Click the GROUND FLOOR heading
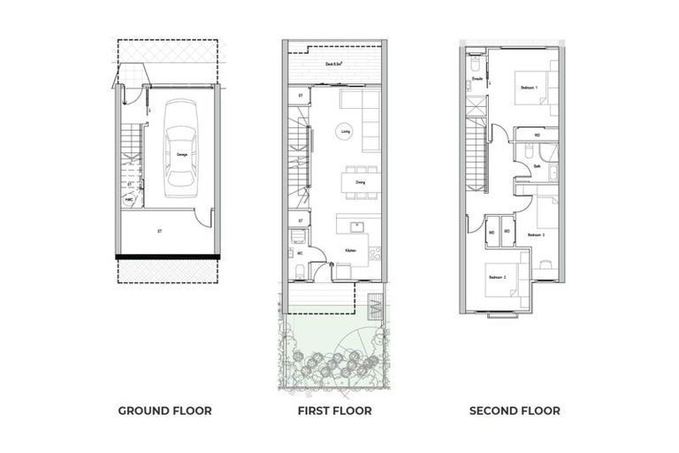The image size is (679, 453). tap(164, 411)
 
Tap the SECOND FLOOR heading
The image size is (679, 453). tap(514, 411)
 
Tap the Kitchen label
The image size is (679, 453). tap(350, 250)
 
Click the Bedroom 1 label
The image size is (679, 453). tap(529, 88)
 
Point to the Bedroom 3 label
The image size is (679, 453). tap(536, 234)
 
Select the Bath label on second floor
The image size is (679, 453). tap(538, 165)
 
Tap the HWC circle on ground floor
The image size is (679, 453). tap(130, 200)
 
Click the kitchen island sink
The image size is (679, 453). tap(357, 222)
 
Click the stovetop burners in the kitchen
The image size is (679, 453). tap(376, 253)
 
